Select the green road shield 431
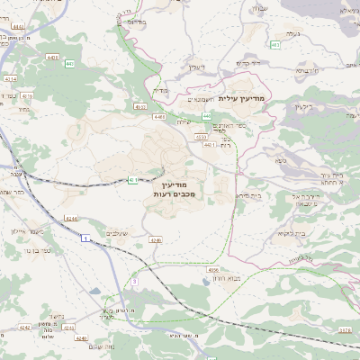coord(132,180)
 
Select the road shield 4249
coord(155,240)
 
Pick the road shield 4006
coord(213,269)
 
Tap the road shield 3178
coord(345,330)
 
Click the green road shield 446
coord(207,116)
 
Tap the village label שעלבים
coord(120,233)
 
